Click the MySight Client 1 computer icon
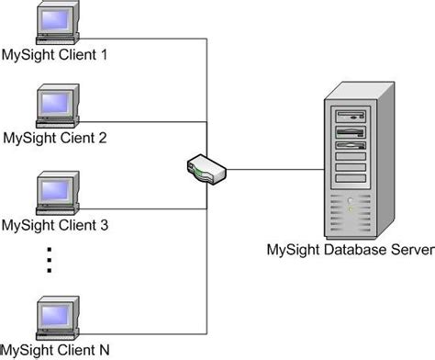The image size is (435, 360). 57,26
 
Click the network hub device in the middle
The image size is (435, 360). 204,168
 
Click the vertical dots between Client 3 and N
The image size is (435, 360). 50,260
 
